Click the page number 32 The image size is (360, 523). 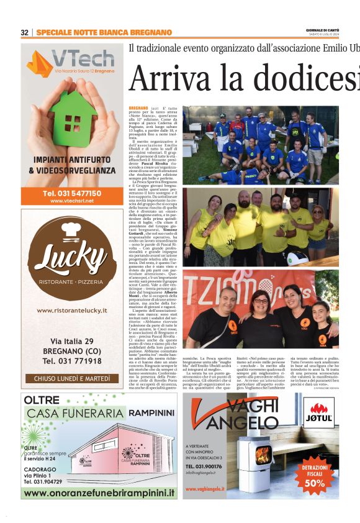[x=24, y=32]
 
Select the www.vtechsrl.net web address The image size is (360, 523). [x=72, y=201]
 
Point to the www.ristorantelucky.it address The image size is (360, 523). [x=72, y=311]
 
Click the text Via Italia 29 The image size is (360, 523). [x=71, y=342]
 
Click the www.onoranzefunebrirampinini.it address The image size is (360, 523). [x=99, y=493]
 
